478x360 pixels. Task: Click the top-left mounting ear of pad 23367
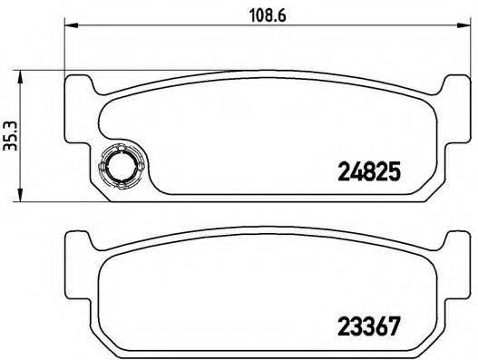pos(80,240)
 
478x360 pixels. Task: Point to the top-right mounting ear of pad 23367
pos(452,240)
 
